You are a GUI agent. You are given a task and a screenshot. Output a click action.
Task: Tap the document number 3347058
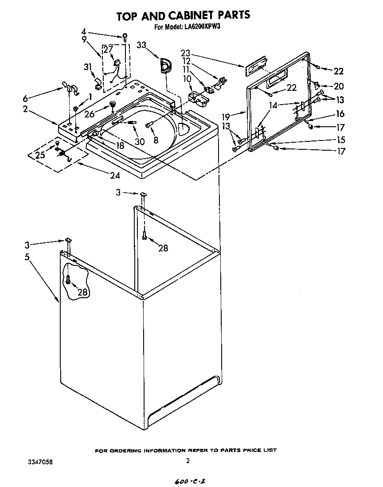[x=40, y=461]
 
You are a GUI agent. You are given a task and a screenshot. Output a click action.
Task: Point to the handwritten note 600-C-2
[x=187, y=481]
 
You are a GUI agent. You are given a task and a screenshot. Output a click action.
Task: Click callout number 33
[x=141, y=45]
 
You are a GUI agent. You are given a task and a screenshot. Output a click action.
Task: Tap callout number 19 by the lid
[x=226, y=117]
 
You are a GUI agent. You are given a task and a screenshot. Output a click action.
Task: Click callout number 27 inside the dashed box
[x=108, y=50]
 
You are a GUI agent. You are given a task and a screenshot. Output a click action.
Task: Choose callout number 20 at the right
[x=339, y=86]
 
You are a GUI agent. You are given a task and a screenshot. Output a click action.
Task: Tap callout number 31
[x=88, y=67]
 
